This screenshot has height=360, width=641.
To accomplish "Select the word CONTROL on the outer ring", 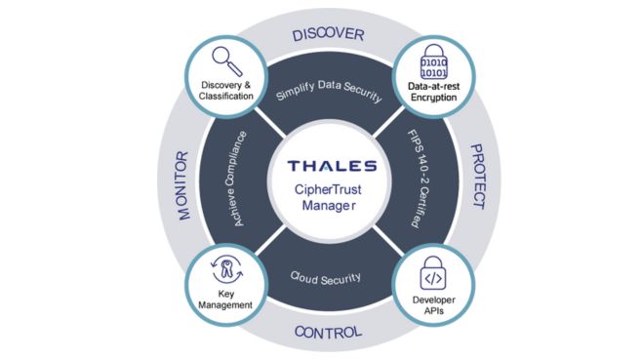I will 328,333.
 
